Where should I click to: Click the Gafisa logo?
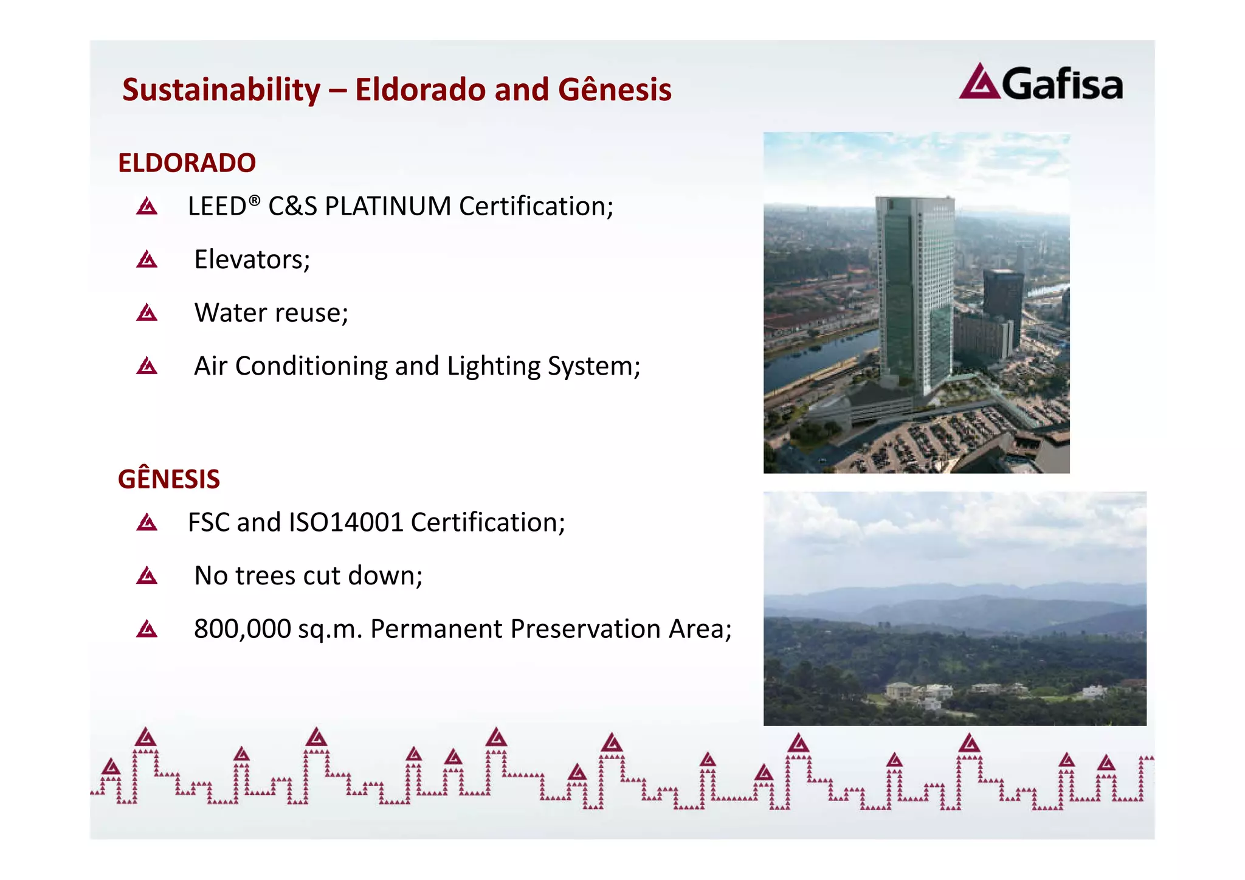coord(1041,83)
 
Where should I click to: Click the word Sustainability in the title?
coord(221,90)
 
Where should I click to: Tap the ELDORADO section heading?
coord(187,163)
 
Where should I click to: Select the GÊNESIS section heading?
coord(169,479)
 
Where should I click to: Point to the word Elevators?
coord(252,260)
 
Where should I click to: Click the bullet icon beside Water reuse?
coord(147,313)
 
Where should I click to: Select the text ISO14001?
coord(347,522)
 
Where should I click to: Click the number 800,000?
coord(242,629)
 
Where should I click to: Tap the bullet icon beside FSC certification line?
coord(147,522)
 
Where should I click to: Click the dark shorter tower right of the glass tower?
coord(1003,298)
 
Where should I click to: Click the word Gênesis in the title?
coord(615,90)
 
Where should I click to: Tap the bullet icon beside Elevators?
coord(147,260)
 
